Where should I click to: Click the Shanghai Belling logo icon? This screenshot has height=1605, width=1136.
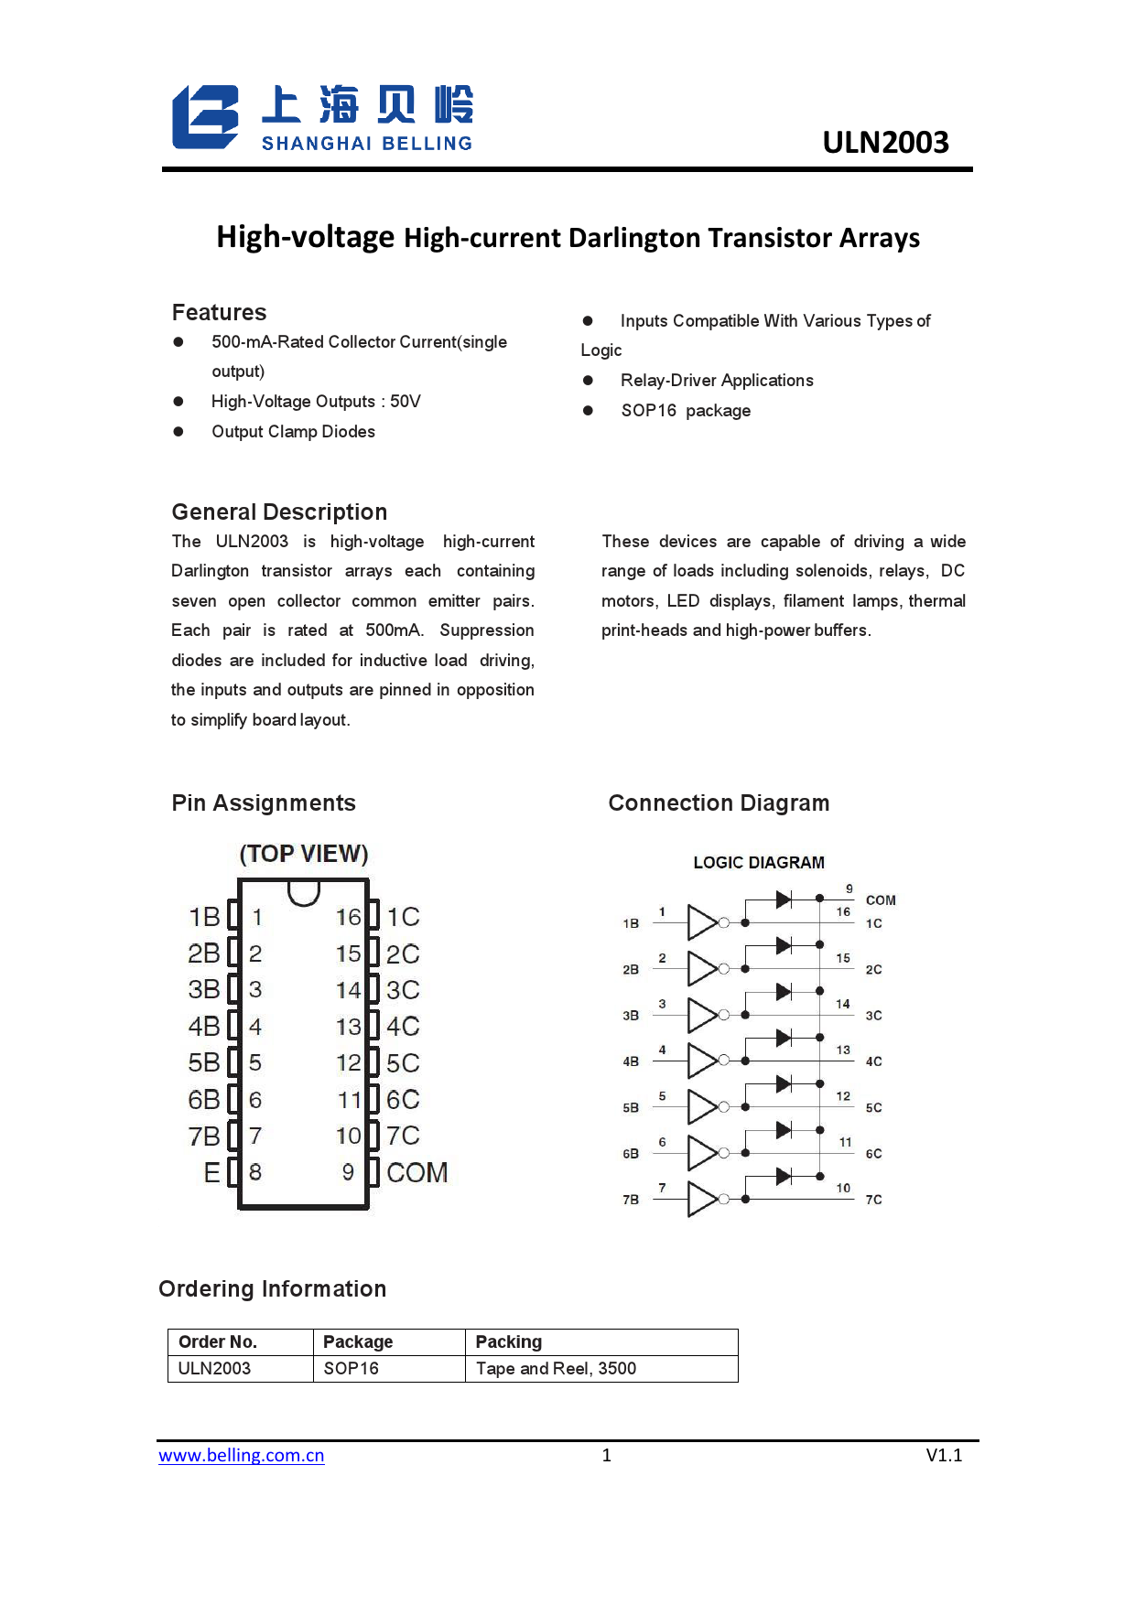pyautogui.click(x=206, y=117)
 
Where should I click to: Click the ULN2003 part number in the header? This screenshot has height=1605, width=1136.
pyautogui.click(x=885, y=143)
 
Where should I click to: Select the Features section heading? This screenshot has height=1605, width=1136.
pyautogui.click(x=219, y=313)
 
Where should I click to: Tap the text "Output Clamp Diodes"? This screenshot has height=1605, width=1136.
pyautogui.click(x=293, y=432)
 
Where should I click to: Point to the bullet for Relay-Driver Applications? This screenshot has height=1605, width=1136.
pyautogui.click(x=588, y=381)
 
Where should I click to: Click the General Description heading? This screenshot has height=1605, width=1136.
pyautogui.click(x=279, y=512)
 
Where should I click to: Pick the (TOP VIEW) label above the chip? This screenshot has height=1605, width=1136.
pyautogui.click(x=304, y=854)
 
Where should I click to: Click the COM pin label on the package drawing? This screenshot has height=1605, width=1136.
pyautogui.click(x=417, y=1172)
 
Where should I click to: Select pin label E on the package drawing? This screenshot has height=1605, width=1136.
pyautogui.click(x=211, y=1172)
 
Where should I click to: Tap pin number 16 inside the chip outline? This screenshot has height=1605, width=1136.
pyautogui.click(x=348, y=917)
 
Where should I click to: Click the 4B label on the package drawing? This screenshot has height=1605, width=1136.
pyautogui.click(x=204, y=1027)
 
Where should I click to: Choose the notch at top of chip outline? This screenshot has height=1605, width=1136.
pyautogui.click(x=304, y=891)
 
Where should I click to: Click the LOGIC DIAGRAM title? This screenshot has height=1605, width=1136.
pyautogui.click(x=759, y=863)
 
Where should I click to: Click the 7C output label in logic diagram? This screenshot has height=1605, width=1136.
pyautogui.click(x=874, y=1200)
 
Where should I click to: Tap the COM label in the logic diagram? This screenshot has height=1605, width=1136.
pyautogui.click(x=881, y=900)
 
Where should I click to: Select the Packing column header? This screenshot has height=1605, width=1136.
pyautogui.click(x=509, y=1342)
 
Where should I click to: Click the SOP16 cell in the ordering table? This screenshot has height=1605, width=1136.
pyautogui.click(x=352, y=1369)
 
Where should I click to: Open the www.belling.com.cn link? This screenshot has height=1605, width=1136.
pyautogui.click(x=242, y=1455)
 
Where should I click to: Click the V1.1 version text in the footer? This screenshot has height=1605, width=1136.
pyautogui.click(x=944, y=1455)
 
